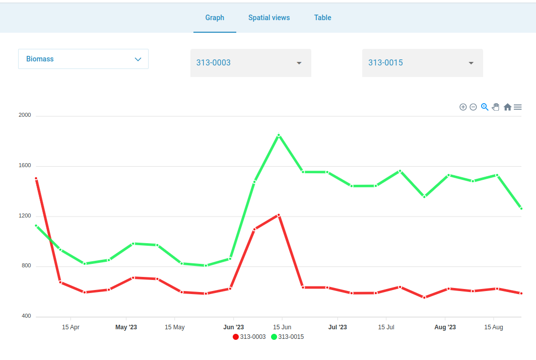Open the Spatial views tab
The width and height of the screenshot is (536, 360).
click(269, 18)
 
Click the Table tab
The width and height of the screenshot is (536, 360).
click(322, 18)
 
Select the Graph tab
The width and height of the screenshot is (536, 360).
click(215, 18)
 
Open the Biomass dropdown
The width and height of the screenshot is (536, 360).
click(83, 59)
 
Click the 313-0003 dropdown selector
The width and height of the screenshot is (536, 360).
click(250, 63)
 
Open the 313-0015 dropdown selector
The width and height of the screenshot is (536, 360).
click(422, 63)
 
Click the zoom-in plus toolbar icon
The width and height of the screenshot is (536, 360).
click(463, 107)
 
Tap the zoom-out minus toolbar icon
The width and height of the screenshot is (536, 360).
click(473, 107)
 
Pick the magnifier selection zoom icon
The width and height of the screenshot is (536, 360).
click(485, 107)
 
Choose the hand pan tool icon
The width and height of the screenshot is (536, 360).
click(496, 107)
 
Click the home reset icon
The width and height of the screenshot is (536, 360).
click(507, 107)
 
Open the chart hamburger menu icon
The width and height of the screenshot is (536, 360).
click(518, 107)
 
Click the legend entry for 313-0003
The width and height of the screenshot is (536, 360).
click(249, 337)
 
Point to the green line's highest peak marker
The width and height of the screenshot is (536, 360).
click(279, 135)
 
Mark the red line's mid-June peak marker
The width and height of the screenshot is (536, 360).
click(279, 215)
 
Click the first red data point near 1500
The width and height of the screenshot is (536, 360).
click(36, 178)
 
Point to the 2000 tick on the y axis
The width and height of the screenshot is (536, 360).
click(25, 115)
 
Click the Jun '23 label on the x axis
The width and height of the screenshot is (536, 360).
click(233, 327)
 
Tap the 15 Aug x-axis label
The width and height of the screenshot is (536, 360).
click(494, 327)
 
